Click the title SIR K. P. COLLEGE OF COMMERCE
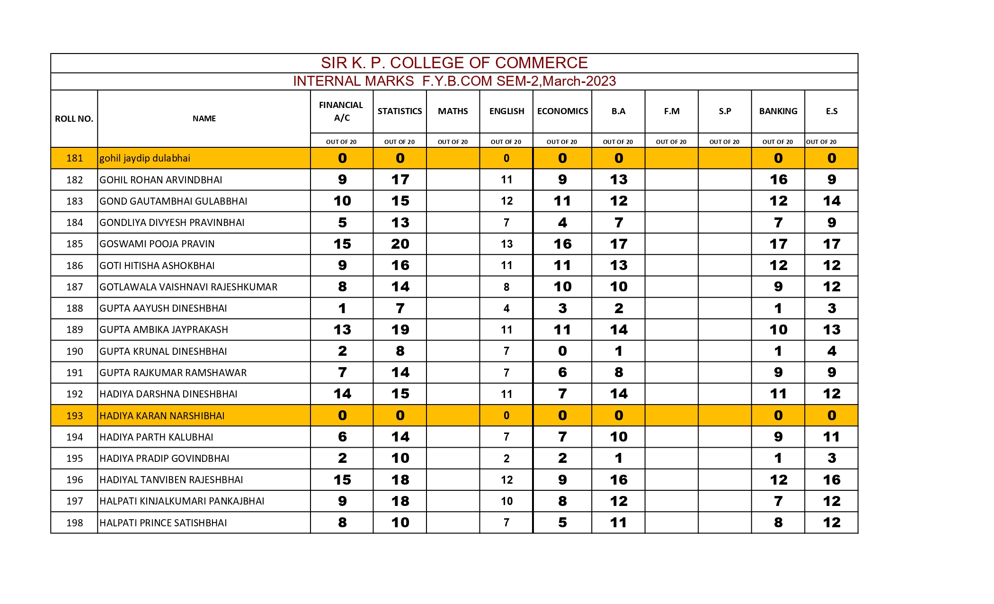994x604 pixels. pyautogui.click(x=454, y=63)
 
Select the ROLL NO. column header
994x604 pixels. pyautogui.click(x=74, y=119)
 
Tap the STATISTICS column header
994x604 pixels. pyautogui.click(x=399, y=111)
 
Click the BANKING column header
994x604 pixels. pyautogui.click(x=778, y=111)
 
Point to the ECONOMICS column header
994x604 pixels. pyautogui.click(x=562, y=111)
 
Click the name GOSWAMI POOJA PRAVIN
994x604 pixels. pyautogui.click(x=157, y=244)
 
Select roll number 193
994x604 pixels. pyautogui.click(x=74, y=416)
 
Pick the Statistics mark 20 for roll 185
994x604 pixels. pyautogui.click(x=400, y=244)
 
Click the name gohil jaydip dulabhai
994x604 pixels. pyautogui.click(x=144, y=158)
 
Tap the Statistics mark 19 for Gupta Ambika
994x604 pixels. pyautogui.click(x=400, y=330)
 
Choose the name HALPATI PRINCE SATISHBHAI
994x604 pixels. pyautogui.click(x=163, y=523)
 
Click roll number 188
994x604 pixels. pyautogui.click(x=74, y=308)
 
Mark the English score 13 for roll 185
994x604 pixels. pyautogui.click(x=506, y=244)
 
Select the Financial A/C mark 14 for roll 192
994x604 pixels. pyautogui.click(x=342, y=394)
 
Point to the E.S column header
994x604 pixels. pyautogui.click(x=831, y=111)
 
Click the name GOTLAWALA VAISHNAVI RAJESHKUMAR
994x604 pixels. pyautogui.click(x=188, y=287)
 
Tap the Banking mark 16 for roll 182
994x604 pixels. pyautogui.click(x=778, y=180)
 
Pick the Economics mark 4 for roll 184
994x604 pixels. pyautogui.click(x=562, y=223)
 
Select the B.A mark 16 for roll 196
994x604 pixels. pyautogui.click(x=618, y=480)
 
